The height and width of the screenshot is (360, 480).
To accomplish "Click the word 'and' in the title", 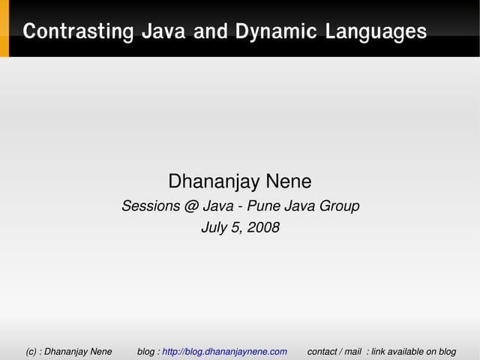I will click(x=212, y=32).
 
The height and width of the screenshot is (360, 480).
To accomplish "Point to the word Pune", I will click(x=259, y=206).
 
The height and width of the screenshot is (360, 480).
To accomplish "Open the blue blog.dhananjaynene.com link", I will click(x=224, y=352).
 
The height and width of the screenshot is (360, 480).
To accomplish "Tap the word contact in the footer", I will click(x=322, y=352).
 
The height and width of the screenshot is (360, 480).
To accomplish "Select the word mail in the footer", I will click(x=352, y=352).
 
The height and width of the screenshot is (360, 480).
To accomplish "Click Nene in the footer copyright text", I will click(x=100, y=352).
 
